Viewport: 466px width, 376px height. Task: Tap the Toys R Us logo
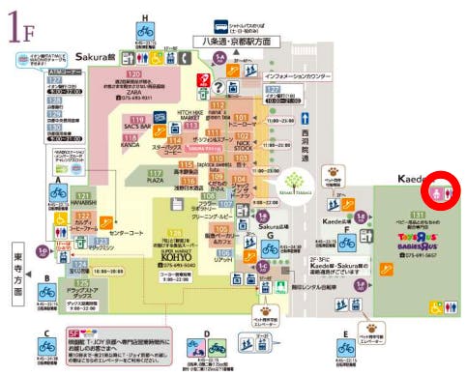point(419,241)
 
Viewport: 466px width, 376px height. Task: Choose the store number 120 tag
point(134,74)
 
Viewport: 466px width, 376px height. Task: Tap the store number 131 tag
point(419,214)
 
